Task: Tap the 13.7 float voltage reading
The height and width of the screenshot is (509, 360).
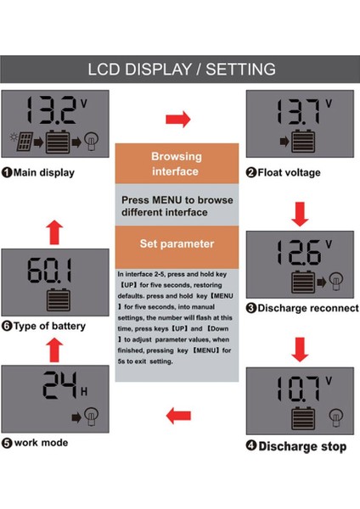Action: pos(296,110)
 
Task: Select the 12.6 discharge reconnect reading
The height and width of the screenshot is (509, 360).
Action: pos(296,252)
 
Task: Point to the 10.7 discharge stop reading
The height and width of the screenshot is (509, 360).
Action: pos(296,389)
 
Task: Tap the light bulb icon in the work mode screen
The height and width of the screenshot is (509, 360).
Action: pos(92,415)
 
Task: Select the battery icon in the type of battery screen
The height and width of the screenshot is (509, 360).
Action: pos(59,299)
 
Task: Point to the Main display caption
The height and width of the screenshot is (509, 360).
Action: pos(42,173)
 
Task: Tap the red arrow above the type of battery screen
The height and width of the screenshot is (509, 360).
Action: pos(53,229)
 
